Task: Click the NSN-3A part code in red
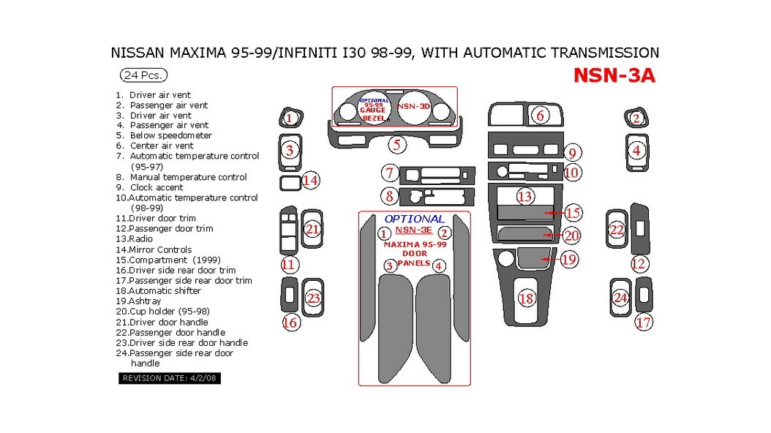[614, 76]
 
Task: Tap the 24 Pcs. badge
[143, 75]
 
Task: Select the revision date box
[169, 378]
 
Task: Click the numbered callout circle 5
[396, 145]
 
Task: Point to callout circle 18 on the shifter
[526, 298]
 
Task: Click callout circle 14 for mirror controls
[311, 180]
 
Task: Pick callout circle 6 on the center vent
[541, 116]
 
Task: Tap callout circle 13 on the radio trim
[524, 196]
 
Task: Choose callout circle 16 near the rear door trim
[290, 322]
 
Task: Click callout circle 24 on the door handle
[620, 298]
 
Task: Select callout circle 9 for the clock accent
[573, 153]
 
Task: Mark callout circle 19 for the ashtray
[568, 259]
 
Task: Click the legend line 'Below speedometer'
[170, 135]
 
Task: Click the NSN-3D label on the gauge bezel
[413, 106]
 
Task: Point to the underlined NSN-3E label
[413, 230]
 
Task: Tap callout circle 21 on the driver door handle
[313, 230]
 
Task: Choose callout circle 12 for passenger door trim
[639, 264]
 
